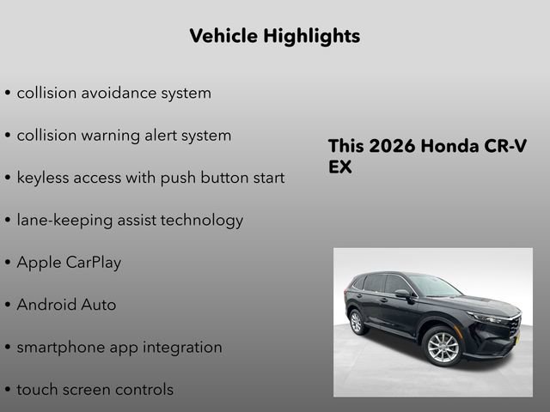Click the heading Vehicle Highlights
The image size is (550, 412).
[x=274, y=36]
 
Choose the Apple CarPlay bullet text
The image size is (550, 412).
[x=69, y=263]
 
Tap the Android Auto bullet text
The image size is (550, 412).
[x=66, y=305]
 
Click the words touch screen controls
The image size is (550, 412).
[x=95, y=390]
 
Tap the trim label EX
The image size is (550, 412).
[x=340, y=167]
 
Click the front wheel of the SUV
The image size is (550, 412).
[x=443, y=348]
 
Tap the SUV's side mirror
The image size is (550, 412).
[x=402, y=294]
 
